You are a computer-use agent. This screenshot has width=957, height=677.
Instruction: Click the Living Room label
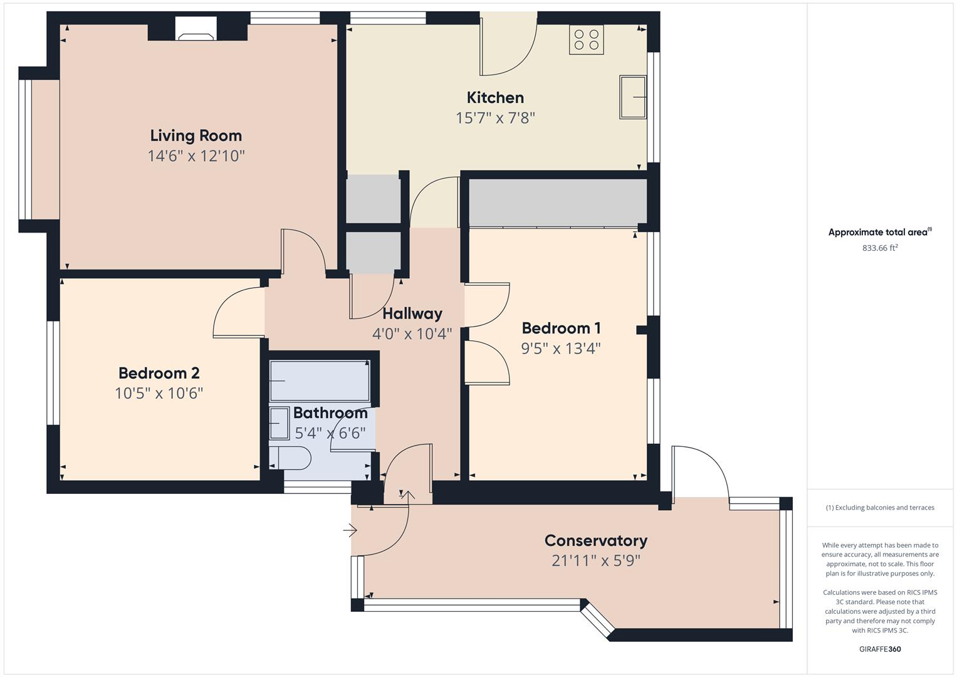click(196, 135)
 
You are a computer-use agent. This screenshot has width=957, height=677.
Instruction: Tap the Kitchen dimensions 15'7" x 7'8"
click(495, 118)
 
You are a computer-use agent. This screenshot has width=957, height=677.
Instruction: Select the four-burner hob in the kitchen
click(586, 39)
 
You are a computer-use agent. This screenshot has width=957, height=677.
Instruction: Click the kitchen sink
click(632, 97)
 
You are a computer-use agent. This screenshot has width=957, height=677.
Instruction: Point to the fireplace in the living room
click(196, 29)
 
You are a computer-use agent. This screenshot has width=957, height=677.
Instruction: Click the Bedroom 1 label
click(561, 328)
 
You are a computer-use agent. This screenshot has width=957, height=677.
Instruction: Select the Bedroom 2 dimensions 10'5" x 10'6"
click(159, 393)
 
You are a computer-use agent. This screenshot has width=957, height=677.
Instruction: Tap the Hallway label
click(412, 313)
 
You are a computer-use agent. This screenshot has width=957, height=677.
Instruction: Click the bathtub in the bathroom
click(320, 380)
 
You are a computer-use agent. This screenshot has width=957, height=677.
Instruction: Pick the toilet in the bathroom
click(295, 458)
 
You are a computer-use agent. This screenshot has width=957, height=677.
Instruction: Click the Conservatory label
click(595, 540)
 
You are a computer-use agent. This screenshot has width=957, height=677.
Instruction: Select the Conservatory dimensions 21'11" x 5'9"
click(595, 560)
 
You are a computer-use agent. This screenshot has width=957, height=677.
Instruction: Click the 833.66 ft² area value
click(880, 248)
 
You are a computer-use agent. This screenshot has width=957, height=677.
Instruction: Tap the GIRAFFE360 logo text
click(880, 649)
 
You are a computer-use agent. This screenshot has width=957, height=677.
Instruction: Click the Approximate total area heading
click(879, 232)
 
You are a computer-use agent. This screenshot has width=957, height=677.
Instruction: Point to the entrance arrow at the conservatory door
click(350, 531)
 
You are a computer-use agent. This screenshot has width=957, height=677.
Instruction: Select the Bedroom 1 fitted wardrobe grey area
click(558, 202)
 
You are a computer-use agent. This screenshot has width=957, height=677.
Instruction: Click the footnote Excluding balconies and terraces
click(880, 508)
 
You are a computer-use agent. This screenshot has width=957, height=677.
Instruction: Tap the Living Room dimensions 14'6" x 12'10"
click(196, 155)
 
